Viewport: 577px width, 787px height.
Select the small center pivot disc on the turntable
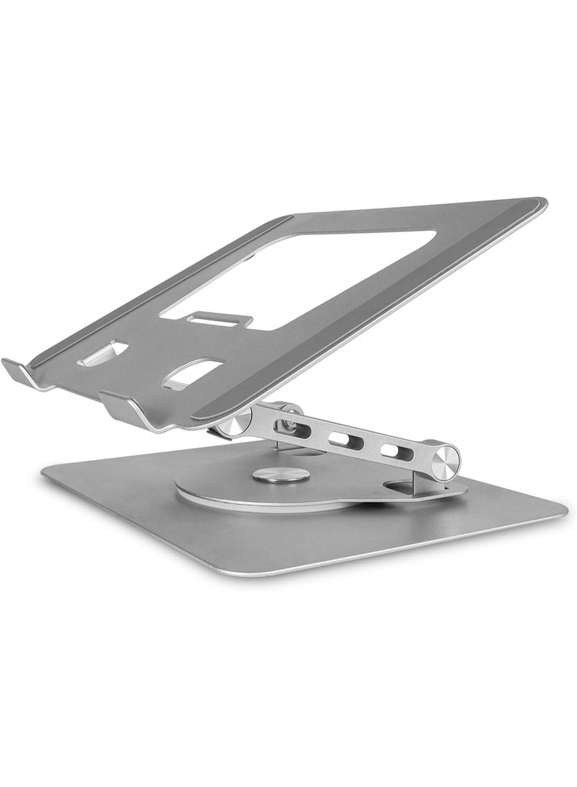281,475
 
